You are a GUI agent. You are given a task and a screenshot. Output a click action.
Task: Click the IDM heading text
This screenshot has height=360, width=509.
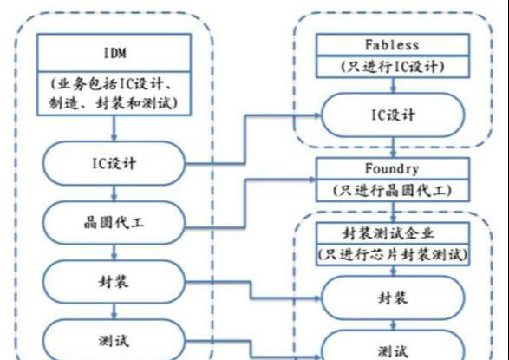[115, 53]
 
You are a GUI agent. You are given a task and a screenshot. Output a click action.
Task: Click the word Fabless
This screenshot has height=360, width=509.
[392, 45]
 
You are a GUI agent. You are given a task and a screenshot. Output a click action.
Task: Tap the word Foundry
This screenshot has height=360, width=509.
[392, 169]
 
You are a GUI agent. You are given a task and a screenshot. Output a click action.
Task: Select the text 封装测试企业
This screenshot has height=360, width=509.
[388, 233]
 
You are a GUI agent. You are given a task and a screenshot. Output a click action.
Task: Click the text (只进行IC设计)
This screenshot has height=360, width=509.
[393, 67]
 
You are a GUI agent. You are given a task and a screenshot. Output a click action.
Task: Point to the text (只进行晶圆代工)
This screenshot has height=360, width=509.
[393, 190]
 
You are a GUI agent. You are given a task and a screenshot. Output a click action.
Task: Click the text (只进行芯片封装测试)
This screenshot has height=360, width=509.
[393, 254]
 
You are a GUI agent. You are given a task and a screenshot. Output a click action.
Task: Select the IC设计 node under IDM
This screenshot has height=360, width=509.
[114, 163]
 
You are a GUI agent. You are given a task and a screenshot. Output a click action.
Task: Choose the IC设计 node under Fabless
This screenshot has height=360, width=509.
[393, 115]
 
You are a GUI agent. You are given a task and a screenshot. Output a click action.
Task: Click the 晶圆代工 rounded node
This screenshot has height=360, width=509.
[114, 223]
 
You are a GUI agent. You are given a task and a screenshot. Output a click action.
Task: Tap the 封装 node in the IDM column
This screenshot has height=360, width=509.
[114, 282]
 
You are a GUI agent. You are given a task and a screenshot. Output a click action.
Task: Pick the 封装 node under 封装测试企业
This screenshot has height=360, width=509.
[393, 298]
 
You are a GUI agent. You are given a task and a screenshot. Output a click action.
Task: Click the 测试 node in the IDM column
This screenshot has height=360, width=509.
[114, 339]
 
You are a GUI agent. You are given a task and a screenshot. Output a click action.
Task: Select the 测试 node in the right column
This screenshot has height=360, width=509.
[393, 345]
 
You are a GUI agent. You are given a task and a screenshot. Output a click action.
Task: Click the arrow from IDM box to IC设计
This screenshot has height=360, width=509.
[114, 128]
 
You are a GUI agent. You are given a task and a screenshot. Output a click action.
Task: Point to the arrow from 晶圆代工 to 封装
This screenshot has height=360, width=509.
[114, 252]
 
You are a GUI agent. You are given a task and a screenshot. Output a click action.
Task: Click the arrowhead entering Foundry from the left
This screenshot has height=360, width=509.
[313, 180]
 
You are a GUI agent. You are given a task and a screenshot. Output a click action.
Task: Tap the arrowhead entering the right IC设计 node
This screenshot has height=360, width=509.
[317, 115]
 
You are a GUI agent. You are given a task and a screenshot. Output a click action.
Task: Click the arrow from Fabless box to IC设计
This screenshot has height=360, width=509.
[394, 85]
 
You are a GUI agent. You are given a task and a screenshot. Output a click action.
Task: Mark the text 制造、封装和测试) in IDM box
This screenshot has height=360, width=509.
[114, 103]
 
